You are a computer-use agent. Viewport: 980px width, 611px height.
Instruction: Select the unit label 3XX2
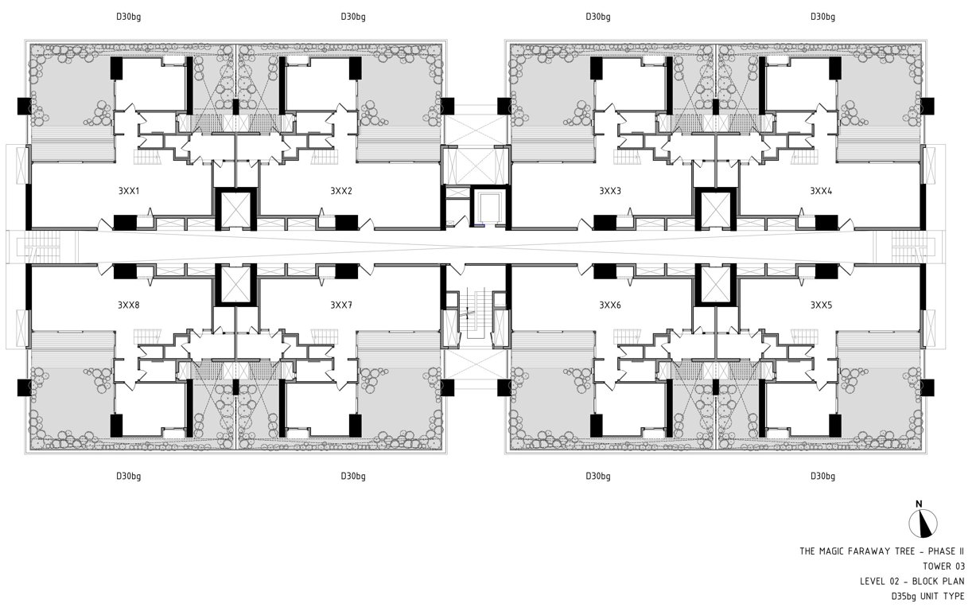coord(341,191)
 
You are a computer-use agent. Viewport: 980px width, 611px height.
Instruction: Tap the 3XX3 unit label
coord(610,191)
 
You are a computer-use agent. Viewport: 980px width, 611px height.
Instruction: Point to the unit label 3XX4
coord(821,191)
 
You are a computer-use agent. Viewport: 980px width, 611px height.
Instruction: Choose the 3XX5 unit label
coord(821,305)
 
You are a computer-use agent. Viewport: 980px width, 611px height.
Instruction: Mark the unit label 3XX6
coord(610,305)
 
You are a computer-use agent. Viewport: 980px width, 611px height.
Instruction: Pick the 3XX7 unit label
coord(341,305)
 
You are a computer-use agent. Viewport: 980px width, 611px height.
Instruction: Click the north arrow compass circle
coord(923,523)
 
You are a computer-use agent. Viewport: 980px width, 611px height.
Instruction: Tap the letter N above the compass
coord(919,504)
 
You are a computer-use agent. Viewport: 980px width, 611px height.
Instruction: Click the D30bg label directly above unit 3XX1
coord(128,16)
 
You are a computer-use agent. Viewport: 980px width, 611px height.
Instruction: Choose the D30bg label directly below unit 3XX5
coord(822,477)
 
